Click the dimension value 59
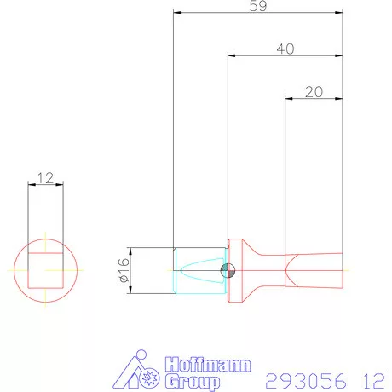[x=257, y=6]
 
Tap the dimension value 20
[x=313, y=91]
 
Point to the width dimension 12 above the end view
[x=46, y=177]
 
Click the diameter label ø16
[x=123, y=270]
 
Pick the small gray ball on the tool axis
[x=228, y=271]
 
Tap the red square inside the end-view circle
[x=46, y=270]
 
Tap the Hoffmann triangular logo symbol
[x=138, y=372]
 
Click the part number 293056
[x=303, y=378]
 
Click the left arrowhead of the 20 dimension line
[x=287, y=99]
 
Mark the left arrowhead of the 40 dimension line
[x=231, y=56]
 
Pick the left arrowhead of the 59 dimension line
[x=176, y=13]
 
